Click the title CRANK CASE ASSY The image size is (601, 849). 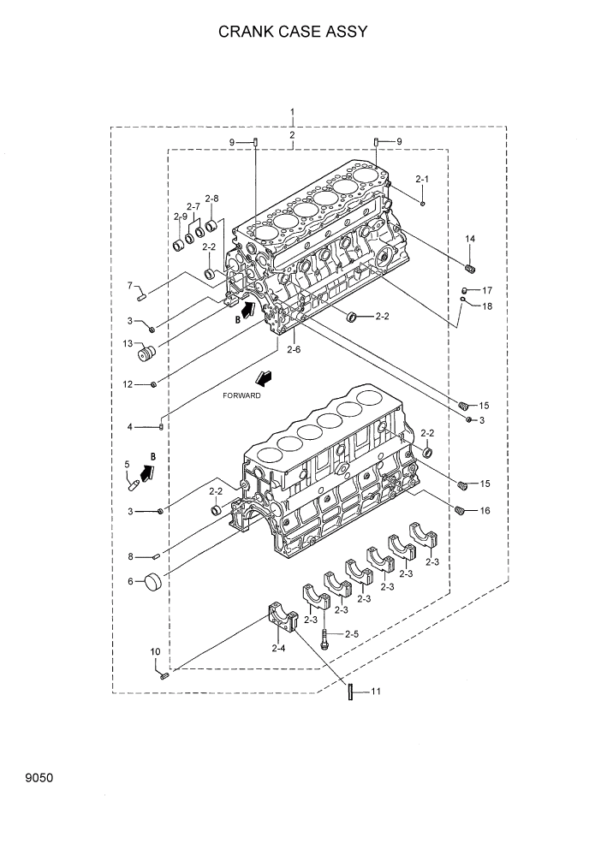pos(293,33)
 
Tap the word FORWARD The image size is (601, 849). pos(241,396)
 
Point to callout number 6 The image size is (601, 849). pos(130,581)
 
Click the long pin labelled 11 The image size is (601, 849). pos(350,692)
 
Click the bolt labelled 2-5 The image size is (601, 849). pos(325,637)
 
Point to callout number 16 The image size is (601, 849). pos(485,511)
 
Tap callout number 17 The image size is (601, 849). pos(486,289)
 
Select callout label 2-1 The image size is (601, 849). pos(421,179)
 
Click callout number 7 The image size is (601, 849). pos(130,285)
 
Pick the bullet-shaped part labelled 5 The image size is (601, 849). pos(133,484)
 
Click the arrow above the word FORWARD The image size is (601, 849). pos(264,377)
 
